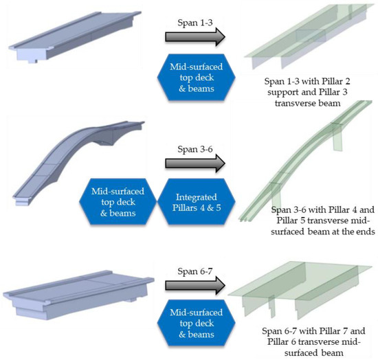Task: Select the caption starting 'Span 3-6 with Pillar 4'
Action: (x=320, y=220)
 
